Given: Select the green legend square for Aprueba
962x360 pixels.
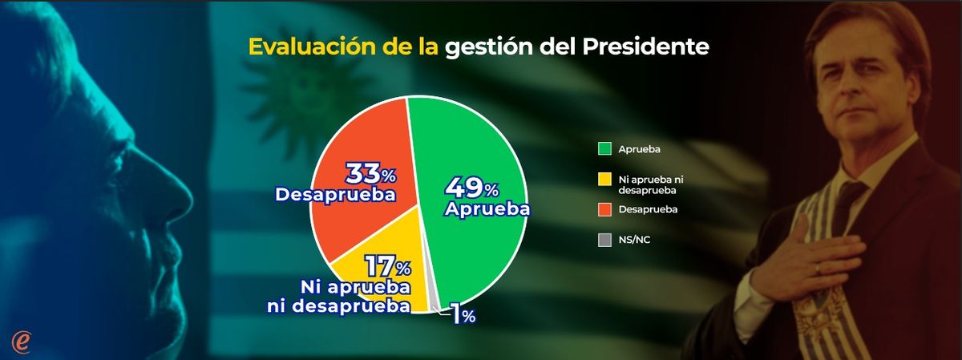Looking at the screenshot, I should [x=604, y=148].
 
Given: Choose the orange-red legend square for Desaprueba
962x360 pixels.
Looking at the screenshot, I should [x=604, y=210].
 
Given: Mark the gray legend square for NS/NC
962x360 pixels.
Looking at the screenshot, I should [x=604, y=240].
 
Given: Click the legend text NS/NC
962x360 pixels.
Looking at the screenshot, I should [x=632, y=240].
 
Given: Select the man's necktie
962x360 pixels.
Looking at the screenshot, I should [x=846, y=200].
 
